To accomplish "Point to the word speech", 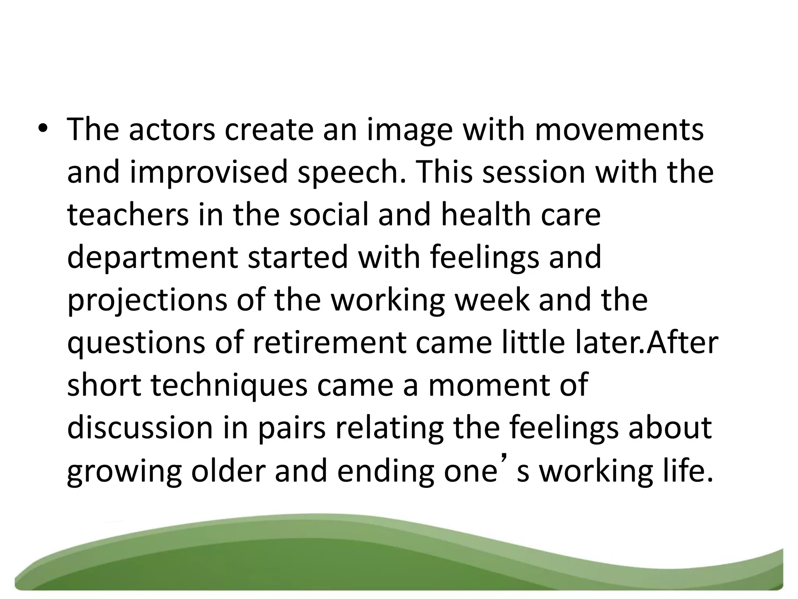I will pyautogui.click(x=348, y=172).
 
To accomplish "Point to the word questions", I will pyautogui.click(x=136, y=343).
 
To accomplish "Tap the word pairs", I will pyautogui.click(x=291, y=428).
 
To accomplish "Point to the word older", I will pyautogui.click(x=228, y=471).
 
